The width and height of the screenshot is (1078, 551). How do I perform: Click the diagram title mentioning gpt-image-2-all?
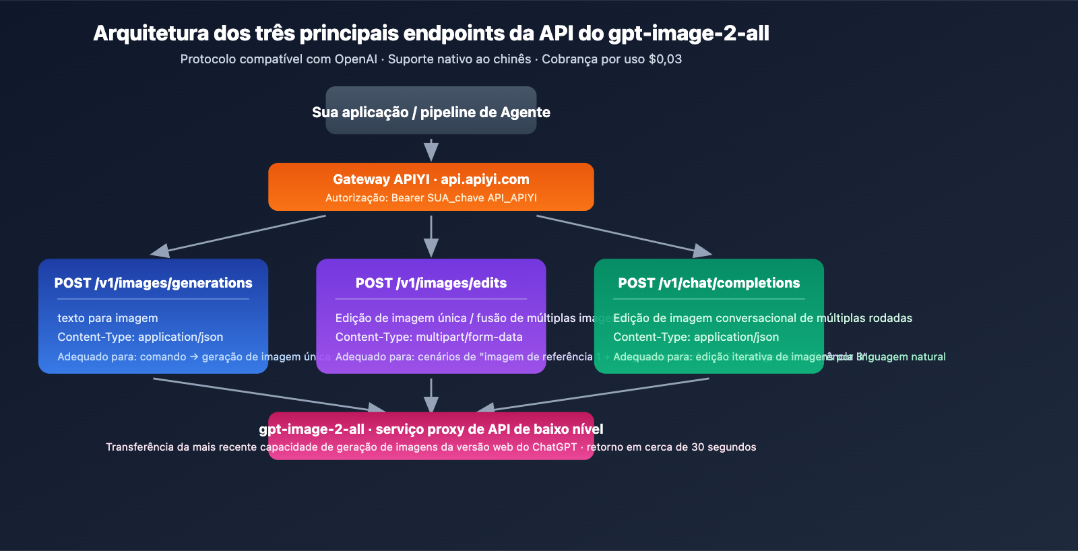pos(431,33)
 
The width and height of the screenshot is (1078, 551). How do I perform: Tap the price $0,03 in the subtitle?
pos(664,59)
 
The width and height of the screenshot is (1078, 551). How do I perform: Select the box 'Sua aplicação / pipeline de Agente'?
pos(431,111)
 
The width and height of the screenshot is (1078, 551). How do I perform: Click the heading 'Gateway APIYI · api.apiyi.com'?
pos(431,179)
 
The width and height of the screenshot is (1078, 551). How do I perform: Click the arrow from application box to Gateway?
pos(431,150)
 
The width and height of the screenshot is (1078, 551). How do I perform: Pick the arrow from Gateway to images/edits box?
pos(431,236)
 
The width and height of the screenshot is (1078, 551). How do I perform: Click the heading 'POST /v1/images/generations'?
pos(154,283)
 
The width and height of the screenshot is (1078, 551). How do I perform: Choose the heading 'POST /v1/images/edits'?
pos(431,283)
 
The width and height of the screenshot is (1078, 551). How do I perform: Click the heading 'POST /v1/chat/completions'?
pos(709,283)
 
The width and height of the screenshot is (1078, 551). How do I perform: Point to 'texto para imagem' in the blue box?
pos(108,318)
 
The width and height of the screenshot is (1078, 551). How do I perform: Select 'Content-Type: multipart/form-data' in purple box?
pos(429,337)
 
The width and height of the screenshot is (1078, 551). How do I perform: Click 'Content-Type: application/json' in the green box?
pos(696,337)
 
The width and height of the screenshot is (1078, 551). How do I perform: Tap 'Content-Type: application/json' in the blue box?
pos(140,337)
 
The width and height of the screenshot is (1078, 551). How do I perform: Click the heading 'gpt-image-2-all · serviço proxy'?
pos(431,429)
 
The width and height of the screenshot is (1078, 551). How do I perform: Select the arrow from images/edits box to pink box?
pos(431,395)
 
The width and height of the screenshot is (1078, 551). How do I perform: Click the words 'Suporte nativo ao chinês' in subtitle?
pos(459,59)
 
